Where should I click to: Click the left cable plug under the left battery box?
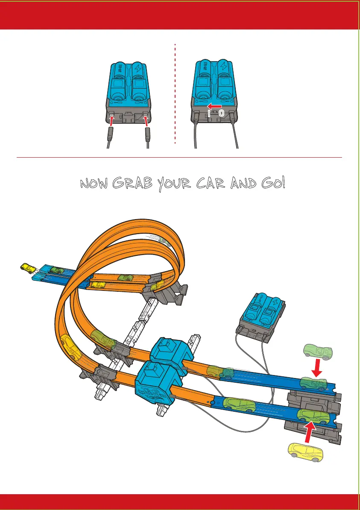(x=110, y=136)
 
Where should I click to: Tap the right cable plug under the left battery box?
(x=148, y=136)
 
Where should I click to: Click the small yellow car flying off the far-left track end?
(x=29, y=268)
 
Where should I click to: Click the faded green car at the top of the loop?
(x=164, y=242)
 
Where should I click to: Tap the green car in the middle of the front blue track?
(x=239, y=403)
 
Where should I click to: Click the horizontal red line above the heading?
(x=179, y=157)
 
